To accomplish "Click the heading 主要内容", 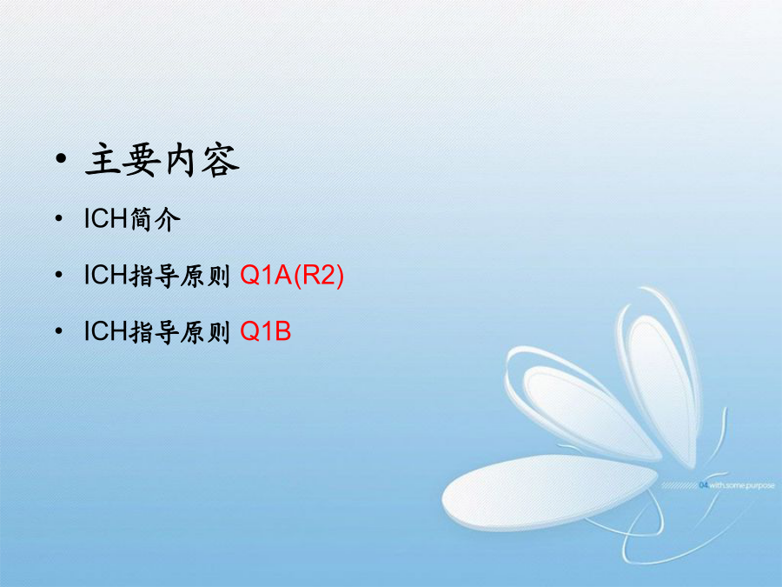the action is pos(162,160).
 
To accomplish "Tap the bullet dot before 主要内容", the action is pos(61,159).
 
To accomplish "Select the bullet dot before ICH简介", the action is pos(59,218).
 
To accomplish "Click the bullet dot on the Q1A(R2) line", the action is pos(59,275).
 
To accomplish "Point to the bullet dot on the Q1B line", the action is pos(59,331).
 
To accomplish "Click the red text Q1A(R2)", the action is pos(292,275).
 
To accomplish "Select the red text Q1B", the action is pos(265,331).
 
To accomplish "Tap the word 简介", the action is pos(155,219).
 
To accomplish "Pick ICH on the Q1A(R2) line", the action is pos(105,275).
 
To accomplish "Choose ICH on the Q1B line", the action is pos(105,331).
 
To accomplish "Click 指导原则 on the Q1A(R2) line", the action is pos(180,276).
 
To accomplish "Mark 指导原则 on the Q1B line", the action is pos(180,332).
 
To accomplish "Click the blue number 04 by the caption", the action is pos(704,485).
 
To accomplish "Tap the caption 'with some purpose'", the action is pos(742,485).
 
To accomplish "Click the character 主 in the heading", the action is pos(103,160).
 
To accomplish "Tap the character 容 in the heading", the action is pos(221,161).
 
